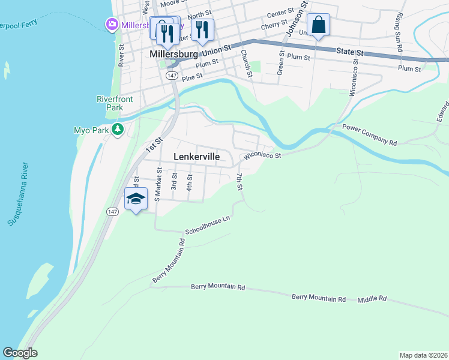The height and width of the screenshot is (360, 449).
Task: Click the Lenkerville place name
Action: coord(196,157)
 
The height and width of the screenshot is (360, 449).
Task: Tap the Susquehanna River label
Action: coord(17,194)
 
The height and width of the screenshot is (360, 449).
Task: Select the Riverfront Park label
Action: coord(110,103)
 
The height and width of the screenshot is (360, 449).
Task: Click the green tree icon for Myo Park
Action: coord(118,130)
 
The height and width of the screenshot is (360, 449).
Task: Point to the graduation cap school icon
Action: coord(136,199)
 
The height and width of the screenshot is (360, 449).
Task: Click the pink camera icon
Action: coord(111,25)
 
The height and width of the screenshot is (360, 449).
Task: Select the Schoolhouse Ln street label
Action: coord(208,226)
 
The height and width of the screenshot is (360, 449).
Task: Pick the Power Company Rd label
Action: coord(370,136)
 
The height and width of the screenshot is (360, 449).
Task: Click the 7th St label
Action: coord(240,182)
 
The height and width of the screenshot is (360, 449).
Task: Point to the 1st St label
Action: coord(154,143)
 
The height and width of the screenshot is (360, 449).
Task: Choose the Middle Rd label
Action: coord(373,299)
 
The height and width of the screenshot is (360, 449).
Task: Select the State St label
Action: coord(351,53)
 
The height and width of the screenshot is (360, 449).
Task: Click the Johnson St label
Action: coord(295,19)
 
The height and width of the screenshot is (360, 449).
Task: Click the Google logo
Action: coord(20,353)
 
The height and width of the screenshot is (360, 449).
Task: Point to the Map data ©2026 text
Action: coord(423,355)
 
